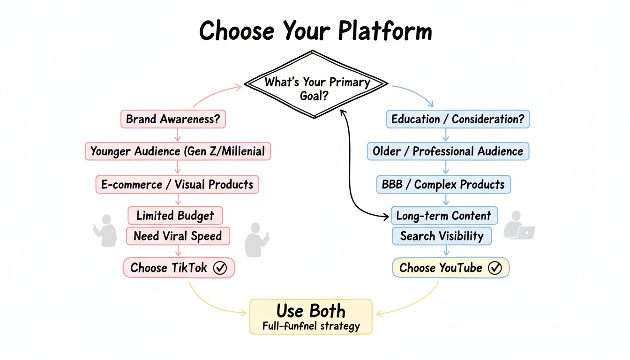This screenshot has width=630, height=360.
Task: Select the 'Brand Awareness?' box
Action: (173, 119)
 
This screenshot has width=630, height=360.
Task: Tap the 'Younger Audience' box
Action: (178, 151)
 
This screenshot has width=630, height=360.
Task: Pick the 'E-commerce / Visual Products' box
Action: (177, 184)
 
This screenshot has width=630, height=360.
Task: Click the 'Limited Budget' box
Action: (175, 216)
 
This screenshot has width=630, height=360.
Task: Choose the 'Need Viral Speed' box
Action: (178, 236)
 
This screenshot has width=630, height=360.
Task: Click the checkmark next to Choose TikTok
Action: (220, 268)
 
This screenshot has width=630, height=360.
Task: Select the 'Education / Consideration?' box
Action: (457, 119)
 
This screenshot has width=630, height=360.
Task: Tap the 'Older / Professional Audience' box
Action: (448, 151)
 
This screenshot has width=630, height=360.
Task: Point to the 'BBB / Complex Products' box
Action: (443, 184)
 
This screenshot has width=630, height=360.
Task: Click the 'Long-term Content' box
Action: (444, 216)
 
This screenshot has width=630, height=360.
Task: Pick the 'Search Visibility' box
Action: (442, 236)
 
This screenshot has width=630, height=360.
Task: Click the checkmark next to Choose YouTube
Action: (495, 268)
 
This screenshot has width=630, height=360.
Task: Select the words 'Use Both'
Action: (310, 311)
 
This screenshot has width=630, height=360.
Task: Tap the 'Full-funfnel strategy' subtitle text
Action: (311, 326)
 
